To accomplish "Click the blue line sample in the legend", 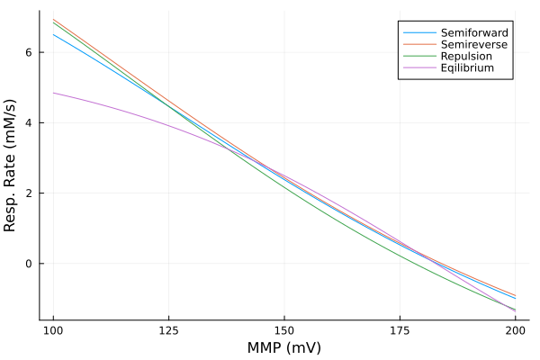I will click(416, 32).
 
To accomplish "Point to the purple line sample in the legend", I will click(416, 67).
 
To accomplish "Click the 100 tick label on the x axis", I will click(54, 330).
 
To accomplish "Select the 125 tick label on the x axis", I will click(169, 330).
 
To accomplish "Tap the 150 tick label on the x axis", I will click(284, 330).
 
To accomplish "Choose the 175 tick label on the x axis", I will click(400, 330).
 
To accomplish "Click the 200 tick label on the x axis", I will click(515, 330).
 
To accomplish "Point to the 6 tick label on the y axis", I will click(29, 52).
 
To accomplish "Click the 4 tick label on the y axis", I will click(29, 122).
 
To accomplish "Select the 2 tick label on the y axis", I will click(29, 193).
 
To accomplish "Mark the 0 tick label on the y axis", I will click(29, 264).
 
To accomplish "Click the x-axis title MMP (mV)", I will click(284, 347).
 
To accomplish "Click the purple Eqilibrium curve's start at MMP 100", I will click(54, 93).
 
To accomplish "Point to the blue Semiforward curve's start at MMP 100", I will click(54, 35).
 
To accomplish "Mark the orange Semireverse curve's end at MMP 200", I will click(515, 295).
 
